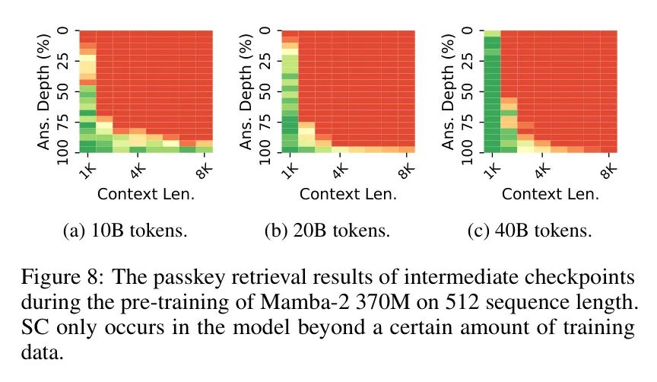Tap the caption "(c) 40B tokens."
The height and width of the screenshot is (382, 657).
coord(530,231)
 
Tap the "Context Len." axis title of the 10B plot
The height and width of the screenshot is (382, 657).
coord(145,193)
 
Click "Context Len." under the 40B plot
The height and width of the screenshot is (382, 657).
coord(551,193)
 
